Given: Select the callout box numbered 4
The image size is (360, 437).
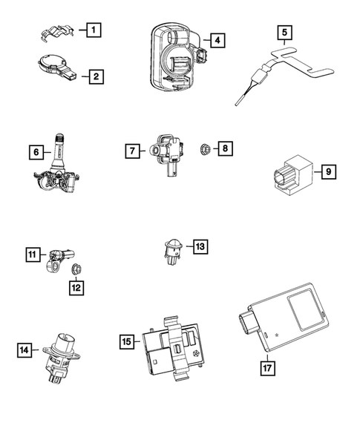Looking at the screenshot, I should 215,40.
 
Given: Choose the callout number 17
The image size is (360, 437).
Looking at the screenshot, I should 266,366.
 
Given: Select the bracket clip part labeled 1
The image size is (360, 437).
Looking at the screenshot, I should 56,33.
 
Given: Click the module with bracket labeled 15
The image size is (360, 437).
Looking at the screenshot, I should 174,343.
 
